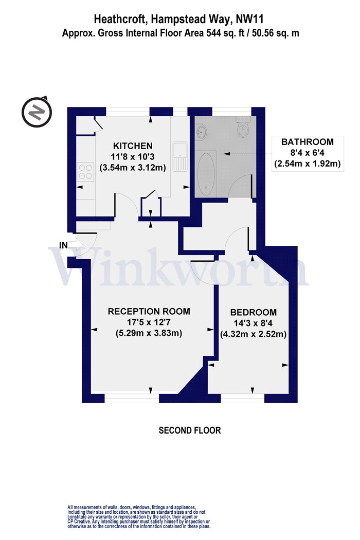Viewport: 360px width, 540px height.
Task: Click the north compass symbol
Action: (37, 112)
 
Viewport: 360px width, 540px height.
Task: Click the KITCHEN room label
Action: (133, 146)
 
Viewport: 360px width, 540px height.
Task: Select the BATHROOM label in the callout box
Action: (308, 142)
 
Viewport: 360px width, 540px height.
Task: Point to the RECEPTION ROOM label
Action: (149, 311)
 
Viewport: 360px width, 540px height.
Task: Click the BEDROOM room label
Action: (253, 312)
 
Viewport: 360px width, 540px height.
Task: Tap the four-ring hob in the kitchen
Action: (86, 171)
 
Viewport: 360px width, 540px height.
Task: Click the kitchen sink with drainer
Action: (180, 157)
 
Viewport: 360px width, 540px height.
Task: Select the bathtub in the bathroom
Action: (207, 174)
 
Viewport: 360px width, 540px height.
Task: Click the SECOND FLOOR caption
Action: (189, 430)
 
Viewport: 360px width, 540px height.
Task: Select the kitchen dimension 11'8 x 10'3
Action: (133, 157)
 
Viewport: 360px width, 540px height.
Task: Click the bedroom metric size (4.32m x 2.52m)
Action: (253, 334)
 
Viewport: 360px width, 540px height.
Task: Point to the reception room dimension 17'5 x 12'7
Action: (149, 322)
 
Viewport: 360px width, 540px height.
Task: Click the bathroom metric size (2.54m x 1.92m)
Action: (308, 163)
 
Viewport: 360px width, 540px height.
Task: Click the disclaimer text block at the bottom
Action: (139, 516)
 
